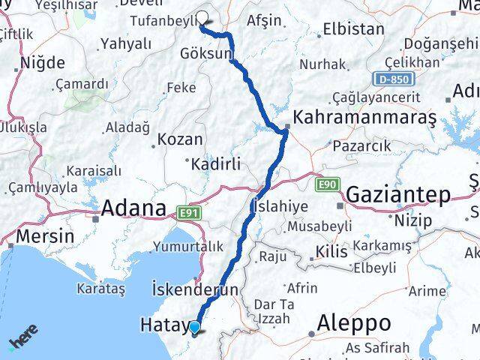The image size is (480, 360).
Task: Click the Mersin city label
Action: pyautogui.click(x=44, y=236)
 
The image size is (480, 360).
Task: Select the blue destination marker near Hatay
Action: pyautogui.click(x=194, y=327)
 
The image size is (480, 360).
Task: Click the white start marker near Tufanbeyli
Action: pyautogui.click(x=202, y=18)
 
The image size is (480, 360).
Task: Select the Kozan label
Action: pyautogui.click(x=181, y=140)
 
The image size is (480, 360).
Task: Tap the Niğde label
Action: pyautogui.click(x=44, y=63)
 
